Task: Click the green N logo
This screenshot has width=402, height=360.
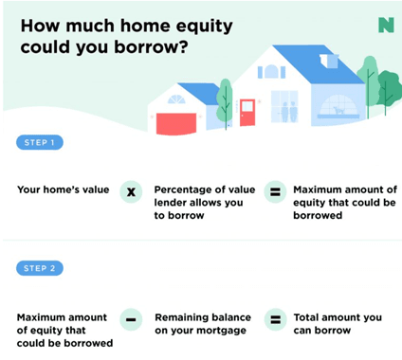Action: (x=385, y=25)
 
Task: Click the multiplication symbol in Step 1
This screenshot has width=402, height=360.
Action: (x=132, y=191)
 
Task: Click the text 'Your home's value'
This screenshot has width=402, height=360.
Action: (x=62, y=189)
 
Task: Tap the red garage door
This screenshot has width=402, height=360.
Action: (x=174, y=122)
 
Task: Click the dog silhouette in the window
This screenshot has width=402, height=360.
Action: (x=338, y=111)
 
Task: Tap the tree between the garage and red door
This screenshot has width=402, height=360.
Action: (x=224, y=99)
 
